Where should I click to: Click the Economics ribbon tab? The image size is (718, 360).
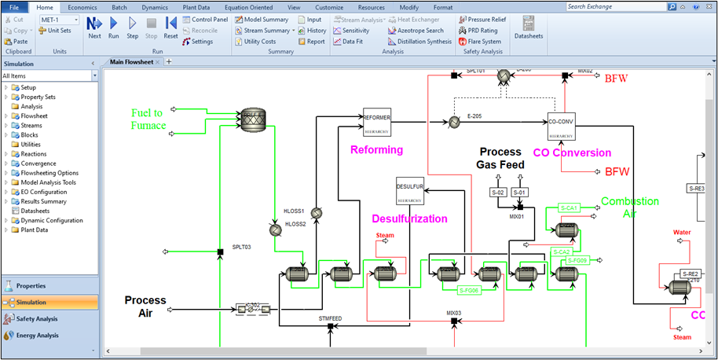pos(82,6)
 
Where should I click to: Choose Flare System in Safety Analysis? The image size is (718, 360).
pos(481,42)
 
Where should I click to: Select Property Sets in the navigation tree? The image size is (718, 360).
pos(38,97)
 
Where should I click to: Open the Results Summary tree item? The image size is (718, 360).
pos(43,201)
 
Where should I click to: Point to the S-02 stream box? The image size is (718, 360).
pos(498,193)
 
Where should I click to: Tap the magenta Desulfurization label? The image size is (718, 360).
pos(409,219)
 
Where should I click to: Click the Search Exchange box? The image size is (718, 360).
pos(636,6)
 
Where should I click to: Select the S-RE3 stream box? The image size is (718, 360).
pos(697,189)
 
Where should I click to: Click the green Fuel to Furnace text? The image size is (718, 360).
pos(149,119)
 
